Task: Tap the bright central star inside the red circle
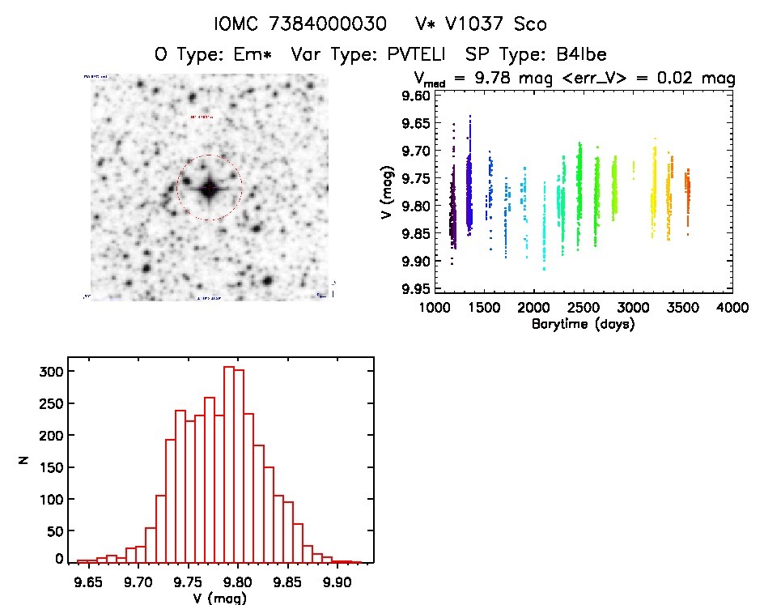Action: pyautogui.click(x=209, y=188)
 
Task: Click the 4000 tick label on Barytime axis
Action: pyautogui.click(x=732, y=308)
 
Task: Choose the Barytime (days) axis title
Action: pyautogui.click(x=583, y=324)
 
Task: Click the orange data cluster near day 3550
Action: pyautogui.click(x=687, y=194)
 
